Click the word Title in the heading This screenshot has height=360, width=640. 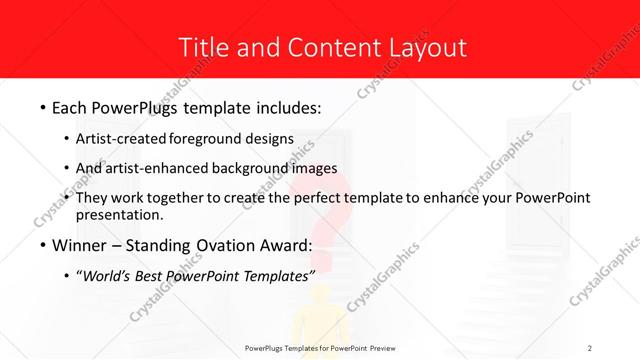200,47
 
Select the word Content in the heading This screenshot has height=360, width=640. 323,47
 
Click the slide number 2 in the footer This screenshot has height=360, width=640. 590,347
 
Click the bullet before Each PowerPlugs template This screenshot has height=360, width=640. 42,106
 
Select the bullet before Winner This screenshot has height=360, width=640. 42,246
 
